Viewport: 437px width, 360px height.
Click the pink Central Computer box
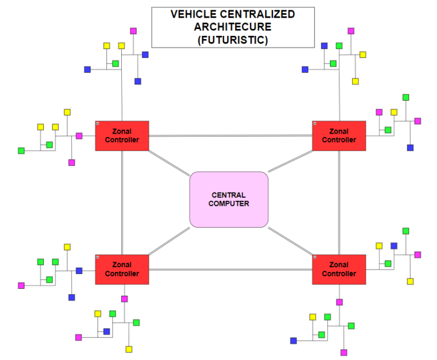coord(229,200)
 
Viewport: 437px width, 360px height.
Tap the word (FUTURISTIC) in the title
coord(233,40)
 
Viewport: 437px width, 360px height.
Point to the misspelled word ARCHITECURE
coord(233,27)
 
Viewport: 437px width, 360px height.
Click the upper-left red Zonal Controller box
coord(122,136)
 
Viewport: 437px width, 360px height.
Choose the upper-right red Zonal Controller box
coord(339,136)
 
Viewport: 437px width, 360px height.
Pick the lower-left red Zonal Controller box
coord(122,270)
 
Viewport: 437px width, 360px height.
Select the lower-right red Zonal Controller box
coord(339,270)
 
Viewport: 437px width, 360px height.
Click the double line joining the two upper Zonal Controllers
coord(230,136)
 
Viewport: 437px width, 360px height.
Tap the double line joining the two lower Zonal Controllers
coord(230,269)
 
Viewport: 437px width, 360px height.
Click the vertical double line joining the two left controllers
coord(122,202)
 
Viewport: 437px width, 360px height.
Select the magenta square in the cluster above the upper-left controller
coord(133,31)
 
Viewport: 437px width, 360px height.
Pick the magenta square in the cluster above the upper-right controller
coord(351,31)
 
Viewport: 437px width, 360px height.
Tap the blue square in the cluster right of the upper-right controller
coord(410,148)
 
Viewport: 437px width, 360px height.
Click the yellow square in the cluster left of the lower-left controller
coord(67,247)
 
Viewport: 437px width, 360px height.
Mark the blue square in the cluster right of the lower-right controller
coord(394,246)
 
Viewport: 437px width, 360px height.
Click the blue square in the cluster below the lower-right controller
coord(294,341)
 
